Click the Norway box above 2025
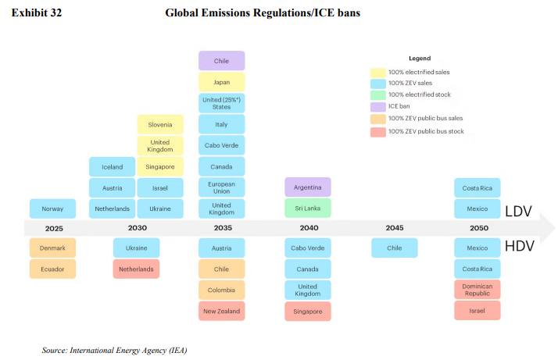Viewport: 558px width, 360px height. (x=53, y=209)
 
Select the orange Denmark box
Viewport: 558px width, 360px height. (x=53, y=248)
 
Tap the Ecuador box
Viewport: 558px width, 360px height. (x=53, y=269)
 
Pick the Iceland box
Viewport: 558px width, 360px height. (x=113, y=166)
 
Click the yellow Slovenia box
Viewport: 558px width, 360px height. (x=160, y=124)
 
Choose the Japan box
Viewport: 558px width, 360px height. (x=221, y=81)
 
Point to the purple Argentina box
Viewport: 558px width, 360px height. (x=307, y=187)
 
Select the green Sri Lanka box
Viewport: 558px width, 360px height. (x=307, y=209)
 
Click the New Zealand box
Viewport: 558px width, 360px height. (x=221, y=311)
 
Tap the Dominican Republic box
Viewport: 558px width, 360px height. (x=478, y=290)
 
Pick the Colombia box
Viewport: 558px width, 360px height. (x=221, y=290)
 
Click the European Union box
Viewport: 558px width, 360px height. (x=221, y=187)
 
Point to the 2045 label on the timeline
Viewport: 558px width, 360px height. (x=394, y=228)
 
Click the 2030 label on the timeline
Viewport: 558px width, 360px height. (x=138, y=228)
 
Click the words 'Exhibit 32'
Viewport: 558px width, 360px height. (x=36, y=14)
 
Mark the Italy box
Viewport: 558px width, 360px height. (x=221, y=124)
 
